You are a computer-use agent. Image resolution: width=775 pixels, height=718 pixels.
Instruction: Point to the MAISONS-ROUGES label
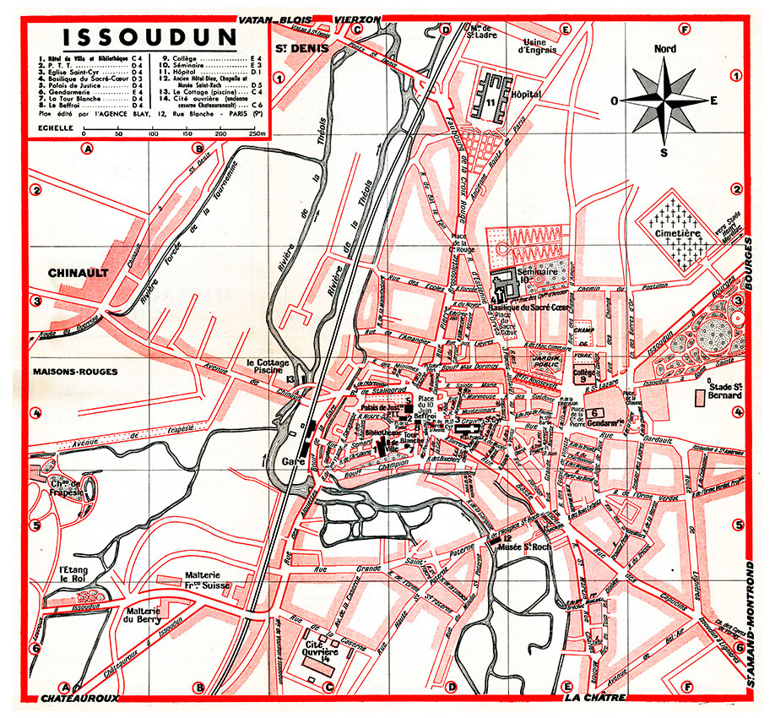75,372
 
